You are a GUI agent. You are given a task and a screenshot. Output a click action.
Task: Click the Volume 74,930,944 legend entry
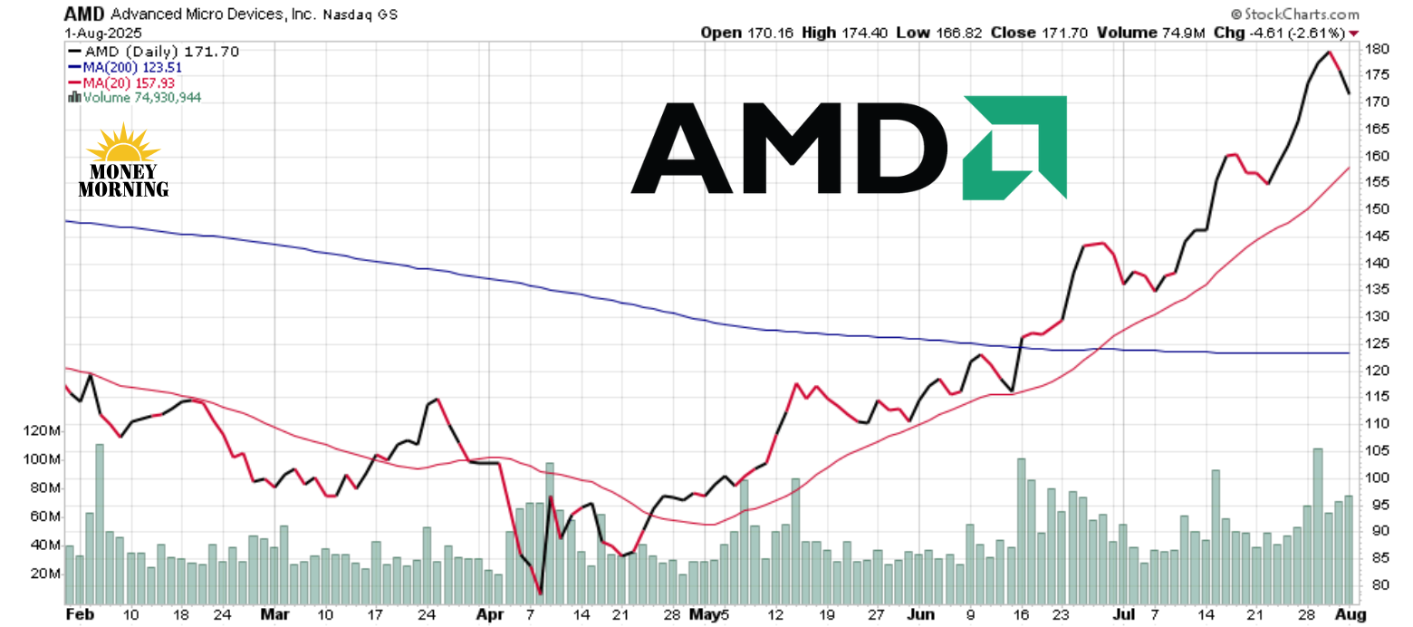click(x=135, y=97)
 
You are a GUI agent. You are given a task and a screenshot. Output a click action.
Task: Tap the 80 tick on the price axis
click(x=1375, y=585)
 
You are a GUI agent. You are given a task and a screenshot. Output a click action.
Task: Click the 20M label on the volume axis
click(x=44, y=574)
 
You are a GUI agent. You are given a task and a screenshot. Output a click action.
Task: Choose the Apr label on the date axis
click(x=490, y=614)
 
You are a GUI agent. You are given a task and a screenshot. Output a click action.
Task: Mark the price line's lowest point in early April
click(x=541, y=593)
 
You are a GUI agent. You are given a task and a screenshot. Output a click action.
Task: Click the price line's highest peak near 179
click(x=1329, y=53)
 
